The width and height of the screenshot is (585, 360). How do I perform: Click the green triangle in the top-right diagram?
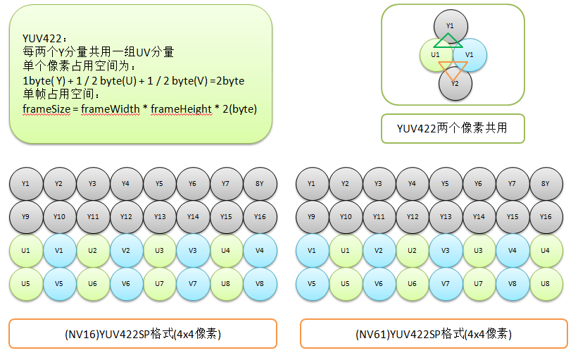(x=448, y=41)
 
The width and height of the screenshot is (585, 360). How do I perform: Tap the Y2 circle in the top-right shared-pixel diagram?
(x=455, y=84)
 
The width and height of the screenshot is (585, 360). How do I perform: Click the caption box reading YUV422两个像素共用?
(x=453, y=128)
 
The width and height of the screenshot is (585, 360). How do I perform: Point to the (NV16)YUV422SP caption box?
(x=143, y=334)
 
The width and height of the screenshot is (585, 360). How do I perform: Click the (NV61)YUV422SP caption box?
(x=434, y=334)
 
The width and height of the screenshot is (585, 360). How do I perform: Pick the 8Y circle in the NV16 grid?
(x=260, y=184)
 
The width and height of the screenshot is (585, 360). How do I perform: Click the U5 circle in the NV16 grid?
(x=26, y=284)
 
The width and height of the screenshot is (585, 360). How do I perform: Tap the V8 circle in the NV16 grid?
(x=260, y=284)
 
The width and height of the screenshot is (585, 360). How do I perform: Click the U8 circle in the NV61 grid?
(x=546, y=284)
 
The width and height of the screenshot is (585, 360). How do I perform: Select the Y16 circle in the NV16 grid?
(x=260, y=217)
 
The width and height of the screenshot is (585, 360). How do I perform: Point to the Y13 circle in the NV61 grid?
(x=446, y=217)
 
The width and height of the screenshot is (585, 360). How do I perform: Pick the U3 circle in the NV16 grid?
(x=160, y=251)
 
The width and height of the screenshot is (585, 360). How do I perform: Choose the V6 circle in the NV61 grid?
(x=379, y=284)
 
